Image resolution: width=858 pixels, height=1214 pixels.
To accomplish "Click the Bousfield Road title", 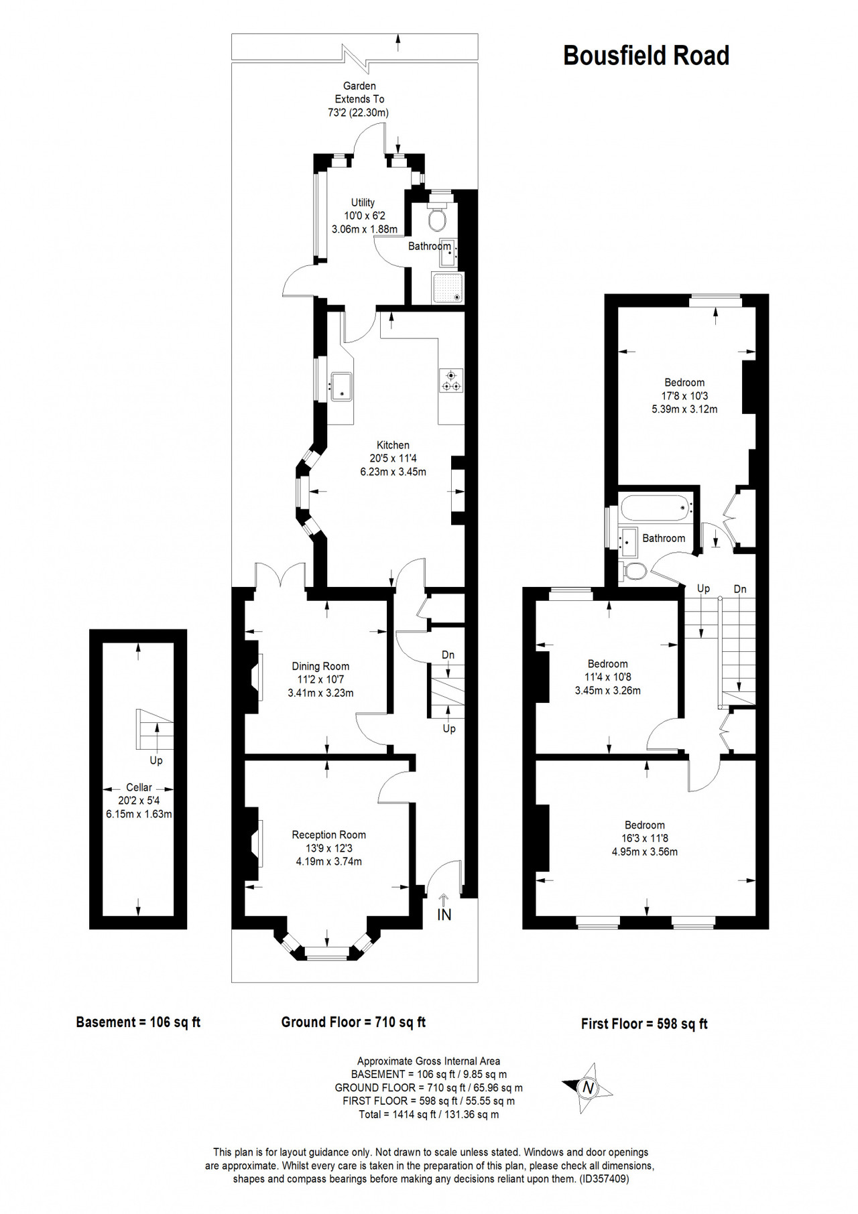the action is point(646,56).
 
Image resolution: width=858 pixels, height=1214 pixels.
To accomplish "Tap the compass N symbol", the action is point(588,1088).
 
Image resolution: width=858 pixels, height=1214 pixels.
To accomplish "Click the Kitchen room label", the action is point(393,445).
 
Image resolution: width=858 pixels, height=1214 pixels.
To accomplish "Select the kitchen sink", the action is point(340,386).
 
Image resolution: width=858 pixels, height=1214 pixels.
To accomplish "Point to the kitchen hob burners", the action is point(451,381).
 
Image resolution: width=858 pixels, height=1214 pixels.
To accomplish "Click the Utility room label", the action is point(363,202).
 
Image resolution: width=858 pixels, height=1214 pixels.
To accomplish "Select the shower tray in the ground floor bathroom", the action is point(447,288).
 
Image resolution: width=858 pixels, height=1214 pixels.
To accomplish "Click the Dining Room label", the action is point(320,666).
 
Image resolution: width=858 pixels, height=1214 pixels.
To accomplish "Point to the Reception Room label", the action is point(328,835).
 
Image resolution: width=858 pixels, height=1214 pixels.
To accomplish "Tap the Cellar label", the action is point(139,787).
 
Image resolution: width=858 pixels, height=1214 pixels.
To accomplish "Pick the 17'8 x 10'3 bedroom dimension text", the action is point(684,396).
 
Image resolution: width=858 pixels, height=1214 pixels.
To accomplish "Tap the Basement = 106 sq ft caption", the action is point(138,1022).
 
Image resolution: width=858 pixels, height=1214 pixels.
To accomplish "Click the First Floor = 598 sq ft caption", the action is point(644,1024).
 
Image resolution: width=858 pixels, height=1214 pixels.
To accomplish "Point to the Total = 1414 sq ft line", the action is point(429,1115).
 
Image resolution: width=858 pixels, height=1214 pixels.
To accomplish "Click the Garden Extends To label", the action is point(359,92).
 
